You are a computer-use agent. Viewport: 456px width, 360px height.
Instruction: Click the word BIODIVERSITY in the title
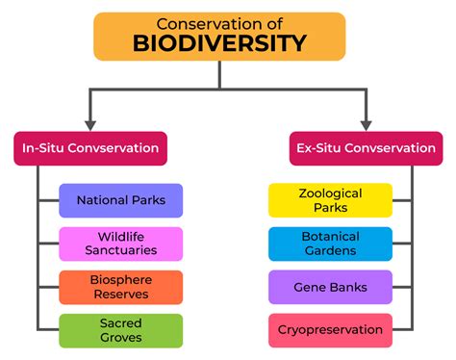[219, 43]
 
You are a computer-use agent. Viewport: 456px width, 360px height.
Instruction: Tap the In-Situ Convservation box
[90, 148]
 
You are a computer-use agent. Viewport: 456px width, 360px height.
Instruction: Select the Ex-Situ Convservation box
[365, 148]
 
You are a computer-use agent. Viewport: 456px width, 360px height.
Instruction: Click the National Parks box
[120, 200]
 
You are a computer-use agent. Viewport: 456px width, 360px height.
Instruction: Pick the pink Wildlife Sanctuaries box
[120, 244]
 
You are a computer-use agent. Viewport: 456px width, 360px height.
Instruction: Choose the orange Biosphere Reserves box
[120, 287]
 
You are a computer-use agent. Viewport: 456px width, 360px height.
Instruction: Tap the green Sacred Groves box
[120, 330]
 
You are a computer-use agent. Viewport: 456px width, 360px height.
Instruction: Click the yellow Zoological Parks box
[330, 200]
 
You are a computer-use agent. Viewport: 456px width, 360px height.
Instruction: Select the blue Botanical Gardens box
[330, 244]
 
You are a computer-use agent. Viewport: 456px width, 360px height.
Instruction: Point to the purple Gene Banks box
[330, 287]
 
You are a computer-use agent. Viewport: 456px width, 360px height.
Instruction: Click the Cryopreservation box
[330, 330]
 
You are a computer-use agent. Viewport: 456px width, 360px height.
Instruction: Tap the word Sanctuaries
[120, 250]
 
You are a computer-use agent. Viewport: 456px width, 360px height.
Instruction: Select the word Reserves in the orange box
[120, 294]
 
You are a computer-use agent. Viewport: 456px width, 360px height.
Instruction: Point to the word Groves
[120, 337]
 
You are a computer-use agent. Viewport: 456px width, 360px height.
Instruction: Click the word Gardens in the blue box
[330, 250]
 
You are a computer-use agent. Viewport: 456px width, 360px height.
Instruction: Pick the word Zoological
[330, 193]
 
